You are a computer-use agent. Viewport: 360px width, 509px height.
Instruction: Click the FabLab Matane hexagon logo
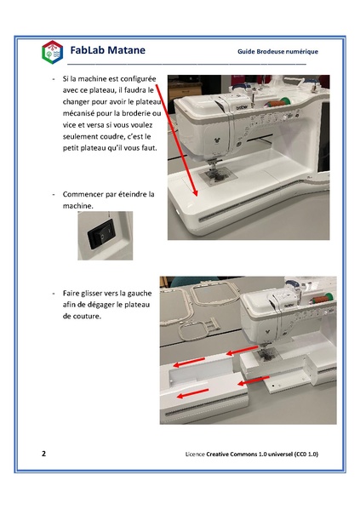point(52,52)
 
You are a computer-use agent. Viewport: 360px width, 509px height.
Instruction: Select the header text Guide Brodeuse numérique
point(277,51)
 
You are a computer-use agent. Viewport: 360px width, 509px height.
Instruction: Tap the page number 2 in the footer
point(43,454)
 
